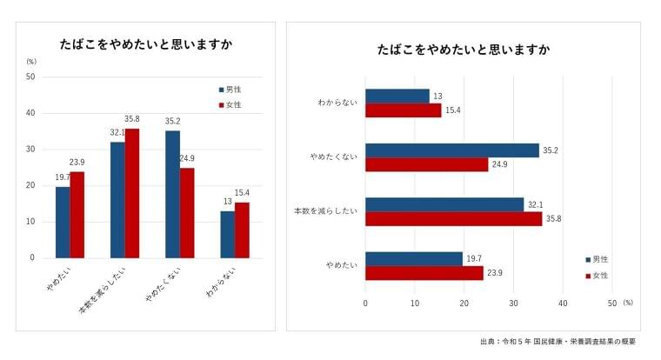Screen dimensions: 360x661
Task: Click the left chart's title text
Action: (146, 44)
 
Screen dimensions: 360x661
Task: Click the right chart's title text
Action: (463, 50)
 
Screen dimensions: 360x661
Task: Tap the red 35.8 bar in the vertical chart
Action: (132, 193)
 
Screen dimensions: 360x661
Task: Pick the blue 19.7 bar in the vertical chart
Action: (63, 222)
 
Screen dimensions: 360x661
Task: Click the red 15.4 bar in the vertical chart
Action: (242, 230)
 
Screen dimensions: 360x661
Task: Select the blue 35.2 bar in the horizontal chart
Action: (451, 150)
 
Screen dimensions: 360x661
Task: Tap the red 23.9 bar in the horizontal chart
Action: (424, 273)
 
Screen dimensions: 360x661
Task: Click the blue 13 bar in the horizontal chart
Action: (397, 96)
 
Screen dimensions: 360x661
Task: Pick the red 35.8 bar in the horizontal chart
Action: (453, 219)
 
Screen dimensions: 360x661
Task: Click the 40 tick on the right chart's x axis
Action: (563, 303)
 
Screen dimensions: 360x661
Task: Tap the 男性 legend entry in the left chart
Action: (230, 90)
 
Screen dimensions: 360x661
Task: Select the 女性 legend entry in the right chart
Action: (598, 276)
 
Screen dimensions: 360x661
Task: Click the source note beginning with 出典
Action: (558, 342)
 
